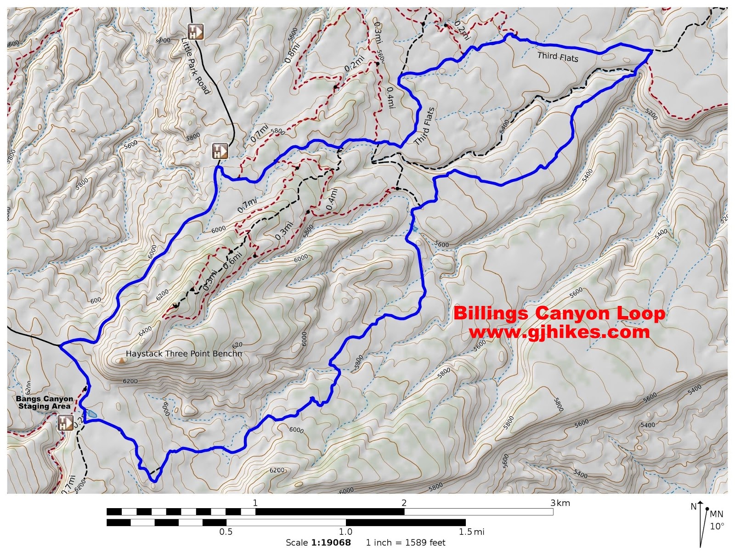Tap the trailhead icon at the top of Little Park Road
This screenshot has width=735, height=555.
[x=196, y=32]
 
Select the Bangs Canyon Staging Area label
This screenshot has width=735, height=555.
[x=45, y=402]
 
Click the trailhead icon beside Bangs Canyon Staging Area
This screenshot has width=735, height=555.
[x=65, y=423]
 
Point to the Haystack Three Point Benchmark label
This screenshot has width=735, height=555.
[x=184, y=354]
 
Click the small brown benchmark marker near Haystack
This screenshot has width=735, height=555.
[x=121, y=361]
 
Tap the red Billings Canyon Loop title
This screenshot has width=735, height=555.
[x=559, y=313]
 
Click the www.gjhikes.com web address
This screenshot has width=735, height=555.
[x=559, y=332]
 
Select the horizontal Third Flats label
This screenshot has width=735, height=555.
[x=558, y=57]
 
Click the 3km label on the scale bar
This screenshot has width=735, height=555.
[x=560, y=503]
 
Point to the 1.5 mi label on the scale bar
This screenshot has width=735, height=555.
[x=471, y=532]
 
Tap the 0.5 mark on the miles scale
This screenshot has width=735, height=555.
[x=226, y=532]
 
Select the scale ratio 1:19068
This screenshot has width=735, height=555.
[x=331, y=543]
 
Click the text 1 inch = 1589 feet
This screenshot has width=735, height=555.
[x=406, y=543]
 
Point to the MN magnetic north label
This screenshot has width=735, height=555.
[x=716, y=514]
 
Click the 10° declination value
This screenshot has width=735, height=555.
[x=717, y=527]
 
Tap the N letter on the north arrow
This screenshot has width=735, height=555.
[x=694, y=507]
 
